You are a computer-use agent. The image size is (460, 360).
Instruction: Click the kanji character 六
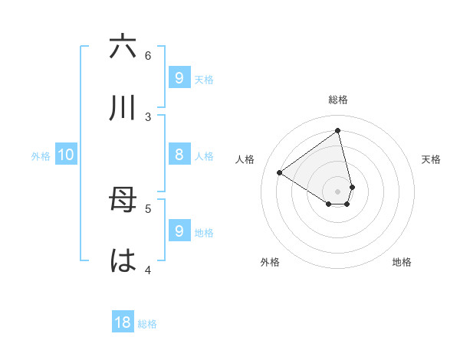click(x=123, y=47)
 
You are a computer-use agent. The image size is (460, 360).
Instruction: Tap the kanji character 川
click(x=123, y=109)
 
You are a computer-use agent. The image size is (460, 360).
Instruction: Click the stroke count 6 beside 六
click(x=148, y=55)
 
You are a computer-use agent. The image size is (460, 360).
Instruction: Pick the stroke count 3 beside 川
click(x=148, y=116)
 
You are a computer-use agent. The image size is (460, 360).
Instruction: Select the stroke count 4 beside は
click(x=148, y=270)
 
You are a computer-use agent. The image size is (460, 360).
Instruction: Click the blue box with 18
click(x=123, y=322)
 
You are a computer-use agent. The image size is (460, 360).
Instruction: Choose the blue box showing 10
click(x=66, y=155)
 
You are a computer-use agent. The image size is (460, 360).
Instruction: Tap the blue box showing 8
click(x=179, y=155)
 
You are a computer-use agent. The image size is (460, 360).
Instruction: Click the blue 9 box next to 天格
click(x=179, y=78)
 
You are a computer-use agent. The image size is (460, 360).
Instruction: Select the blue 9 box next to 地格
click(x=179, y=231)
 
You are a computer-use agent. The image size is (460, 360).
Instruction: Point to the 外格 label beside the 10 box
click(x=41, y=156)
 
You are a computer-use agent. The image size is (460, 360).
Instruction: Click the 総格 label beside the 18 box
click(x=147, y=324)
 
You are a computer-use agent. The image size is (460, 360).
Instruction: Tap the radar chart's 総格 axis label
click(x=338, y=100)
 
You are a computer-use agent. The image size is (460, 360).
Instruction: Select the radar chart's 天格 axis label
click(x=431, y=159)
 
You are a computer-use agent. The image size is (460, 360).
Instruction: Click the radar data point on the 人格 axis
click(x=280, y=172)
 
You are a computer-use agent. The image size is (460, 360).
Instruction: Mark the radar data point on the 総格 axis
click(x=338, y=131)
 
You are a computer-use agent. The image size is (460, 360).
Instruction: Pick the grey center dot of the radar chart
click(x=338, y=191)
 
